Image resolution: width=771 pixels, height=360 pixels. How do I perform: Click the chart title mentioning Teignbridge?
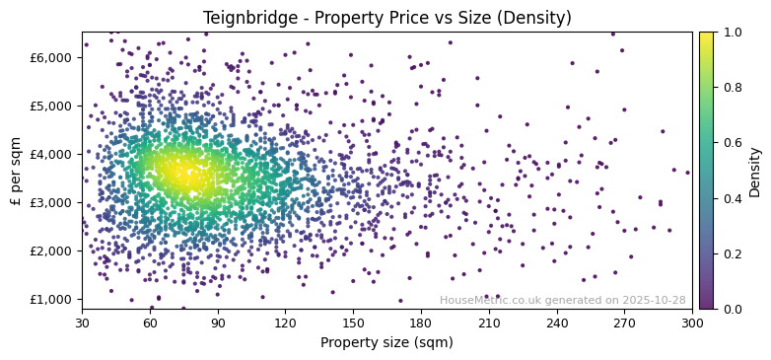tap(386, 18)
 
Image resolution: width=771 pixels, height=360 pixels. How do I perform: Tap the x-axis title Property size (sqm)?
tap(386, 343)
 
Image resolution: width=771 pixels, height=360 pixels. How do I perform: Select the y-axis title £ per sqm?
tap(16, 171)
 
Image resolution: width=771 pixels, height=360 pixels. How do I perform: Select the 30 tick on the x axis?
tap(82, 322)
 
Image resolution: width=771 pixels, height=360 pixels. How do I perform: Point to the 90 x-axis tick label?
tap(218, 322)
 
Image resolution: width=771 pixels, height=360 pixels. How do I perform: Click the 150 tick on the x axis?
tap(353, 322)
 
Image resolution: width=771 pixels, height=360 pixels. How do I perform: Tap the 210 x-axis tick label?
tap(489, 322)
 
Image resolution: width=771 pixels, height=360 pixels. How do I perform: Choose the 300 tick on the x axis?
tap(692, 322)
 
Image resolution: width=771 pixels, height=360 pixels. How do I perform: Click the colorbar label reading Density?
tap(755, 171)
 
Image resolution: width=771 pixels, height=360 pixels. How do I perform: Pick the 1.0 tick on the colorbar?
tap(731, 33)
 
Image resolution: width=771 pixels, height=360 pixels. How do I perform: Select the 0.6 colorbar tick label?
tap(731, 143)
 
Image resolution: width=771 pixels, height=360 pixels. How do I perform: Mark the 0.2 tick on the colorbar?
tap(731, 253)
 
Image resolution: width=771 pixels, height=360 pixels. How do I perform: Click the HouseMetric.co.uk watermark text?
tap(562, 301)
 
